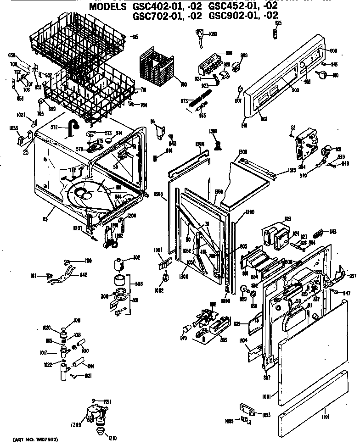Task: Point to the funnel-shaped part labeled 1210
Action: click(x=100, y=432)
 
